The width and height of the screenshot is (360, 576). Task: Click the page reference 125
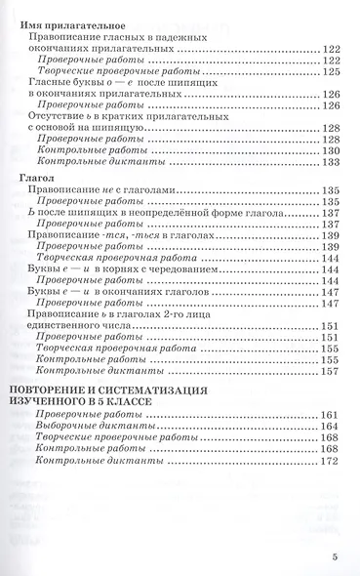(329, 72)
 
